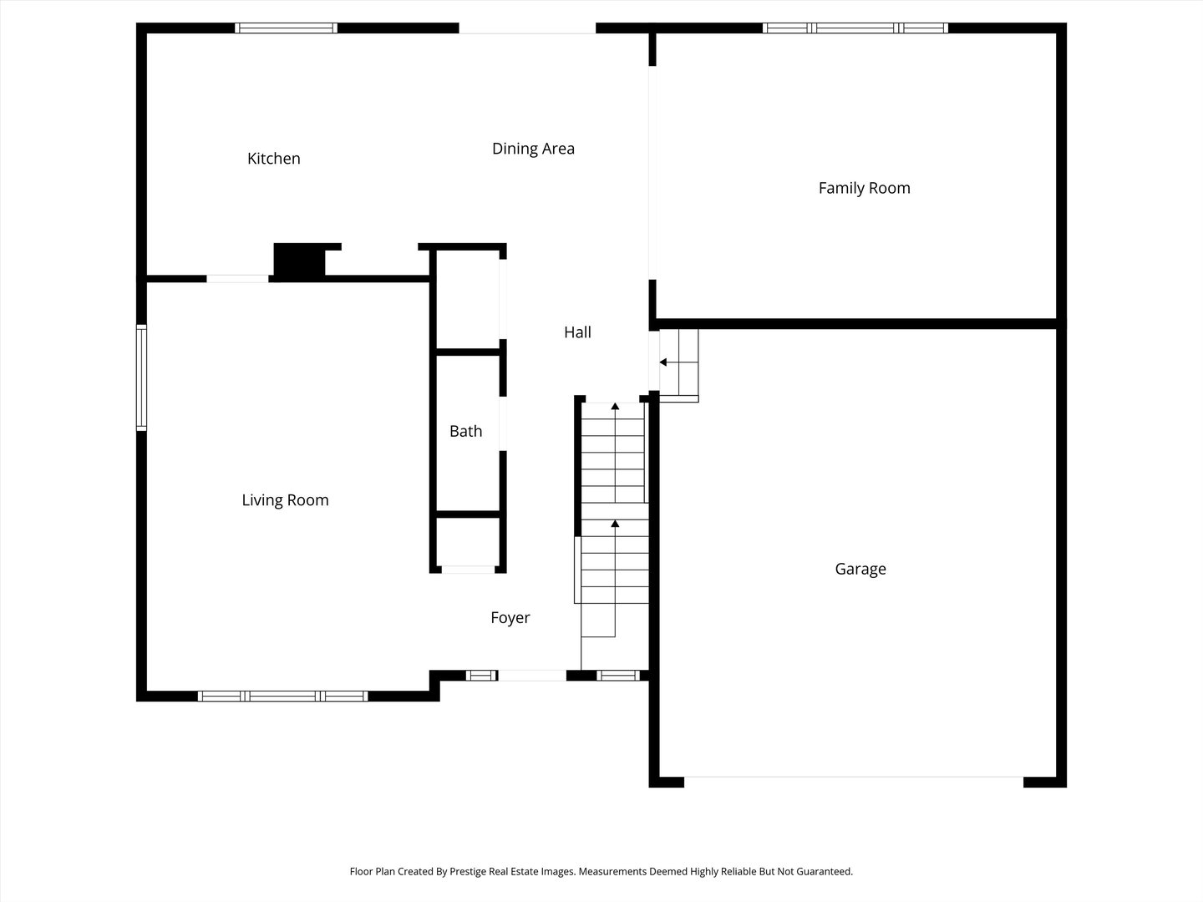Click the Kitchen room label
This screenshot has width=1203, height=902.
pos(273,159)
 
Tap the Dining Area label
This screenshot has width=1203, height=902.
pos(533,149)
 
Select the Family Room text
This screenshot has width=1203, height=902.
pos(864,188)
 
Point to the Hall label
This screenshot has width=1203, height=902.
pos(577,332)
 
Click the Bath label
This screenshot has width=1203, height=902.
pos(465,431)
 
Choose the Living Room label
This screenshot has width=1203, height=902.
pos(285,500)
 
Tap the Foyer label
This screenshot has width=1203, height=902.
pos(510,618)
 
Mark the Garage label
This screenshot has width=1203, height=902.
pos(860,569)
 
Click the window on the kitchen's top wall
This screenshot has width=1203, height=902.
pos(286,28)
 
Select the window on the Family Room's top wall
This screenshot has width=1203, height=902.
pos(855,28)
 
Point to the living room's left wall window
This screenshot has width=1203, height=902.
pos(141,378)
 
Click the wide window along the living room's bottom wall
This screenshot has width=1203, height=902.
pos(282,696)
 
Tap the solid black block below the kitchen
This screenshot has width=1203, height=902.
pos(299,262)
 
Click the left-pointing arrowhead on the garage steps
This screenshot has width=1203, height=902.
pos(663,362)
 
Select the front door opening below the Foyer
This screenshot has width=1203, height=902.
pos(531,676)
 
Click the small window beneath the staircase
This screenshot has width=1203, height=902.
pos(618,676)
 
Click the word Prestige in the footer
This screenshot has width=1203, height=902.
pos(473,871)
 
